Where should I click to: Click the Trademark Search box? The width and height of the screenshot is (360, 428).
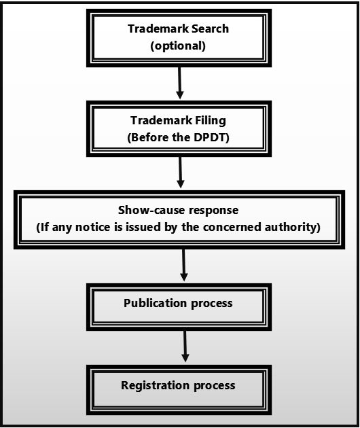178,38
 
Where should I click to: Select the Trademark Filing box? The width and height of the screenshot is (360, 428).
178,129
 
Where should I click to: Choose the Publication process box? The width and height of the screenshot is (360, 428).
178,303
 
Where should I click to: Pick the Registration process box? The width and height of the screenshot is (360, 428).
178,386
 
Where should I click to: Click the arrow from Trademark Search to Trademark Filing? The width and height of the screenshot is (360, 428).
179,84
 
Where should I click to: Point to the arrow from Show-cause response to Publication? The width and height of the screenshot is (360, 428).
183,265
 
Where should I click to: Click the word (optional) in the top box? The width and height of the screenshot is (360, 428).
178,46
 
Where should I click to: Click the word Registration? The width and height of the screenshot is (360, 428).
152,385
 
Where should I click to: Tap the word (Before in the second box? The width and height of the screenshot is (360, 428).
147,137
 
